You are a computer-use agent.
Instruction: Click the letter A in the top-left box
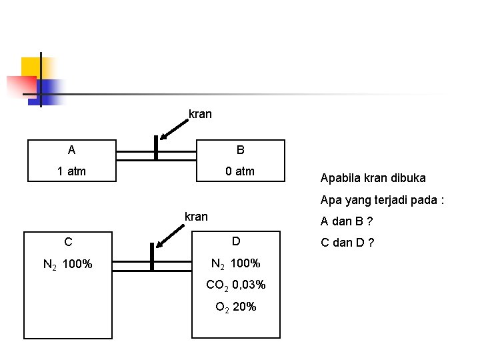[x=71, y=150]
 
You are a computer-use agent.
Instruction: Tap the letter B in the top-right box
[x=240, y=150]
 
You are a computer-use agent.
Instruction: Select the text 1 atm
[x=71, y=171]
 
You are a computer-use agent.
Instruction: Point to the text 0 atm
[x=240, y=171]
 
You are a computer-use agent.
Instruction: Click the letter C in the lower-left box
[x=68, y=242]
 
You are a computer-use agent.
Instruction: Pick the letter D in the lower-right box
[x=236, y=241]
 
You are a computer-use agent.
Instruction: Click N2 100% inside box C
[x=67, y=265]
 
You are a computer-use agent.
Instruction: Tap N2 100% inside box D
[x=236, y=264]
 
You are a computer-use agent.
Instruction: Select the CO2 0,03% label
[x=236, y=285]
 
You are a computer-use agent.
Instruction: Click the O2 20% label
[x=236, y=307]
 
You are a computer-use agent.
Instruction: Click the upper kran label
[x=200, y=114]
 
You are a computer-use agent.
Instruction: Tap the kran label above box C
[x=196, y=216]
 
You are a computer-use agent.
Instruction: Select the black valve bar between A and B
[x=156, y=148]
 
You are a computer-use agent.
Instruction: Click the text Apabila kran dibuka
[x=373, y=178]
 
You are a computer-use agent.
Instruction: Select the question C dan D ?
[x=348, y=242]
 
